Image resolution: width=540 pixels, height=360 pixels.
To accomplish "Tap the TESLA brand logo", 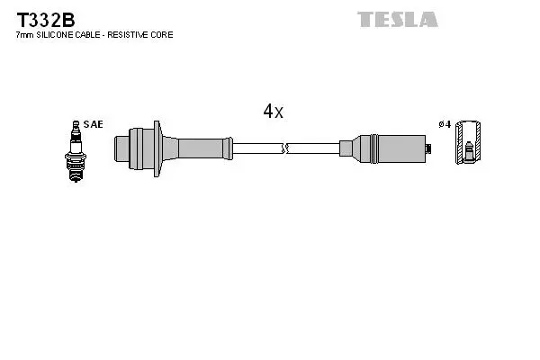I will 397,19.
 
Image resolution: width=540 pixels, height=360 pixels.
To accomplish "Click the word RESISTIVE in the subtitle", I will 138,34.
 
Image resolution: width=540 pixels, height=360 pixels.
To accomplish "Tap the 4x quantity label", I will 273,112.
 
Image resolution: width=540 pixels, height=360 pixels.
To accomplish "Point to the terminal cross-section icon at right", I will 469,143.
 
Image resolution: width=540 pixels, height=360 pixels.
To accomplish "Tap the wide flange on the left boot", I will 157,145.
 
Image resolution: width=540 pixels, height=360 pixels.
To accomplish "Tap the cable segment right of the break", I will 312,147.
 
